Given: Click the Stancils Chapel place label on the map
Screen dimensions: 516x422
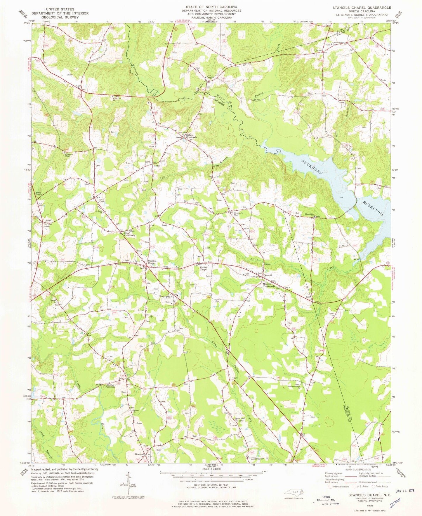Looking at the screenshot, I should (152, 262).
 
